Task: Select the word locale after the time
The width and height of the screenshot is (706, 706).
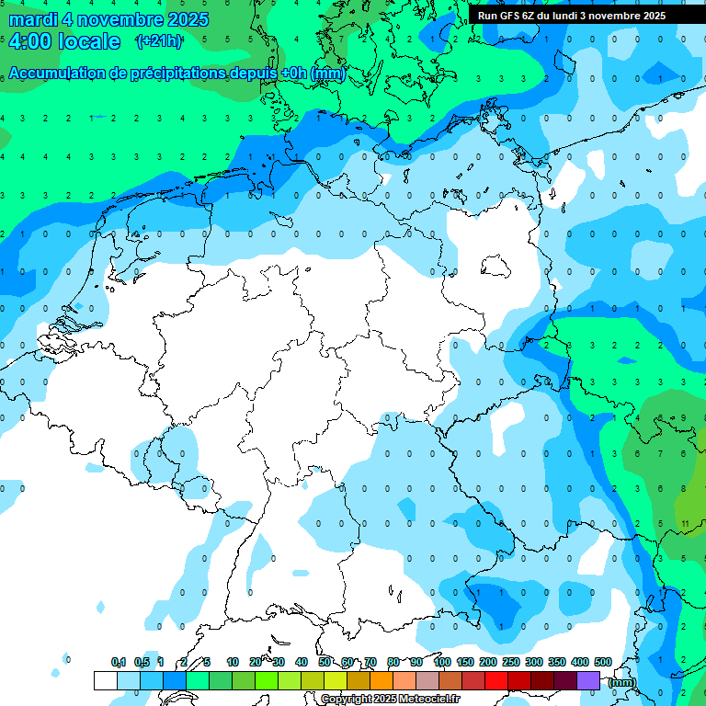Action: pyautogui.click(x=88, y=41)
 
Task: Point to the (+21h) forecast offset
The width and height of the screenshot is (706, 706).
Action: pyautogui.click(x=158, y=41)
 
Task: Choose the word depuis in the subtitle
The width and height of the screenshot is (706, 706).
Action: pyautogui.click(x=255, y=74)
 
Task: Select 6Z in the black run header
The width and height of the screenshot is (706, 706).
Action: pyautogui.click(x=530, y=16)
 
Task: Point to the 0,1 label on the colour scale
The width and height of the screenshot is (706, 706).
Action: pyautogui.click(x=119, y=662)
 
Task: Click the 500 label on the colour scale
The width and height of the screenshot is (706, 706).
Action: pyautogui.click(x=603, y=662)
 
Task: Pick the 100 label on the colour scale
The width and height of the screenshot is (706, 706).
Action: pyautogui.click(x=442, y=662)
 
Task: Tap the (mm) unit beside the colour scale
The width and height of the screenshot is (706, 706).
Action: pyautogui.click(x=622, y=683)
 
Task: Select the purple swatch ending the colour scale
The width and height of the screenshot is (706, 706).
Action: pyautogui.click(x=588, y=680)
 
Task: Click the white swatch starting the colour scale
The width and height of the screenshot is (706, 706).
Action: pyautogui.click(x=106, y=680)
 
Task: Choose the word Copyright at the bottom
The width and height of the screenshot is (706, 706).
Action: pyautogui.click(x=347, y=700)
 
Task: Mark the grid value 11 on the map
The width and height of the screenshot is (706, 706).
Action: pyautogui.click(x=686, y=523)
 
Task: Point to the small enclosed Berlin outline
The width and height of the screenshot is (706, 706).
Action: pyautogui.click(x=496, y=267)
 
